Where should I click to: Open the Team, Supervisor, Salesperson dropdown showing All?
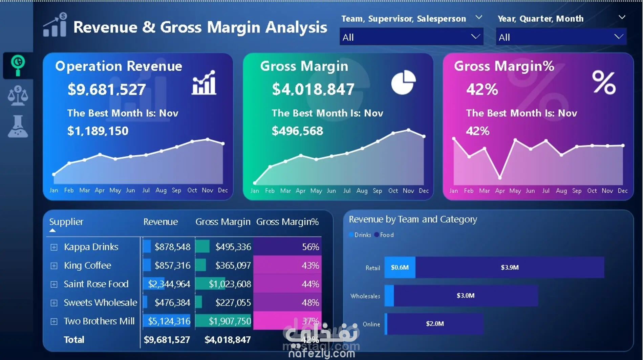click(x=411, y=37)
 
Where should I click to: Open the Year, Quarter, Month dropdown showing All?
click(x=561, y=37)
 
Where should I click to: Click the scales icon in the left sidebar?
click(x=18, y=96)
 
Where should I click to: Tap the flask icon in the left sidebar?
click(x=18, y=126)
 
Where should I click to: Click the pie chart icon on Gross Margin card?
click(x=403, y=82)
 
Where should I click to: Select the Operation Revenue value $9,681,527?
click(x=107, y=89)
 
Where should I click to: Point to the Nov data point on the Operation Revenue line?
click(x=208, y=139)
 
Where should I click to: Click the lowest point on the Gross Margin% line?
click(x=500, y=177)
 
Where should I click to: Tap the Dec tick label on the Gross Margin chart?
click(x=424, y=191)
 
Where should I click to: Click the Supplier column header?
click(x=66, y=222)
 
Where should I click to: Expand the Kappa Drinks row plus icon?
click(x=54, y=247)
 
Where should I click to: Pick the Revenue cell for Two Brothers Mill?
click(x=169, y=321)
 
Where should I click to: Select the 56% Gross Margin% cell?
click(x=310, y=247)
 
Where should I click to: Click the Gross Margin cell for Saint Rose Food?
click(x=230, y=284)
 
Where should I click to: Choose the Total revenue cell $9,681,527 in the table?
click(x=167, y=340)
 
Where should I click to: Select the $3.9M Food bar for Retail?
click(x=510, y=267)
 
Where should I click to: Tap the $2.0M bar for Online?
click(x=435, y=324)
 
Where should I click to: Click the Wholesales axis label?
click(x=365, y=296)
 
